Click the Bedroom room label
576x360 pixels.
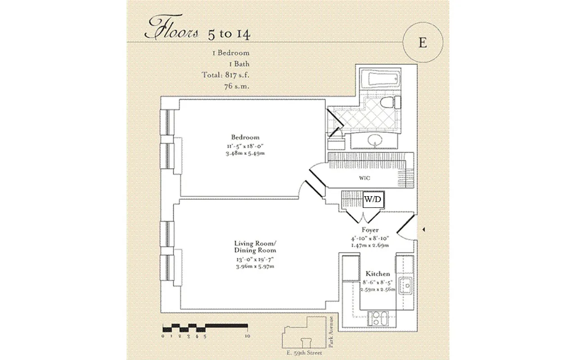tap(245, 137)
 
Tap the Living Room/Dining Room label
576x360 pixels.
tap(255, 247)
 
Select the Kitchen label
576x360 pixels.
tap(378, 274)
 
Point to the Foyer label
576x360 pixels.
tap(370, 230)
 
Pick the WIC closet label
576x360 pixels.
tap(364, 178)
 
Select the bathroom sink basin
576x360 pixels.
tap(374, 142)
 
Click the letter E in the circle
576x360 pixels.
tap(422, 42)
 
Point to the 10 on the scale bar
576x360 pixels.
tap(247, 336)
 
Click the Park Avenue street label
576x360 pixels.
tap(331, 332)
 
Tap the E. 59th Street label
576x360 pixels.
tap(304, 353)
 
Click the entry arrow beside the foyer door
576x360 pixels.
tap(424, 230)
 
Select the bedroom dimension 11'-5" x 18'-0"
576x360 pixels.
tap(245, 147)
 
